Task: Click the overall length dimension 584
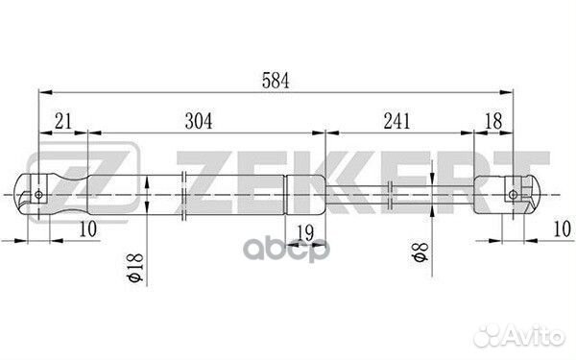(x=276, y=81)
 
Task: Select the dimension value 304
(x=199, y=121)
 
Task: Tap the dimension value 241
(x=396, y=121)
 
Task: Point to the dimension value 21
(x=63, y=121)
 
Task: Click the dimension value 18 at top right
(x=493, y=121)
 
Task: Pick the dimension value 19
(x=305, y=232)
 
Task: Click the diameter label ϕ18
(x=134, y=267)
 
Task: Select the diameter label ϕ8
(x=420, y=252)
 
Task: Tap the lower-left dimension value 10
(x=88, y=228)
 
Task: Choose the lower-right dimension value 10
(x=562, y=228)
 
